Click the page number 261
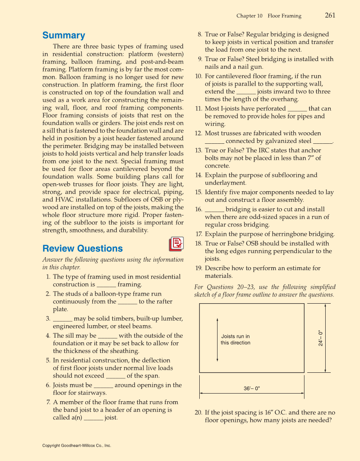click(330, 15)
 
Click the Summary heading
click(64, 36)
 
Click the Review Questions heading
click(82, 249)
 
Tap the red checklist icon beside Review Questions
click(176, 244)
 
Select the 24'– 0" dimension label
click(321, 338)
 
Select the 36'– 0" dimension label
click(251, 388)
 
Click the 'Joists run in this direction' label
click(235, 340)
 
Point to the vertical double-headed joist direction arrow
click(218, 339)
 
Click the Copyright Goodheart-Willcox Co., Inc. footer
click(77, 446)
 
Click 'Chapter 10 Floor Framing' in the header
click(269, 16)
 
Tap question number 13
click(198, 151)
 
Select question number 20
click(198, 413)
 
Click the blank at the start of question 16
click(214, 210)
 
